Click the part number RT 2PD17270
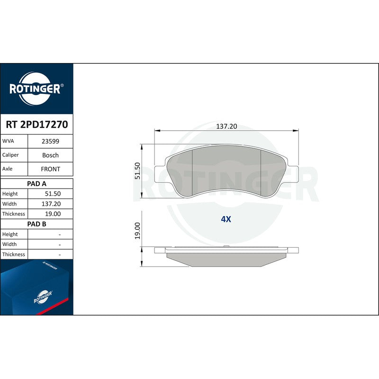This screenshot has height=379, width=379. coord(37,125)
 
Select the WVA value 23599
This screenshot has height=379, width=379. coord(50,141)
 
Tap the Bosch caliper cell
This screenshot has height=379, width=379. coord(50,155)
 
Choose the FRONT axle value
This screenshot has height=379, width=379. coord(50,169)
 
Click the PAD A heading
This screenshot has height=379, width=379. coord(36,184)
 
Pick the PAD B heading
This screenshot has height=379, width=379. coord(36,224)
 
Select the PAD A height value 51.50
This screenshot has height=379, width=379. coord(53,194)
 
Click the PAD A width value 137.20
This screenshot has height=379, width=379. coord(51,204)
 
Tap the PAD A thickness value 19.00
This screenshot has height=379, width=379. coord(53,214)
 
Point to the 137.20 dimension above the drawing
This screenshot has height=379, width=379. coord(226,126)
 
